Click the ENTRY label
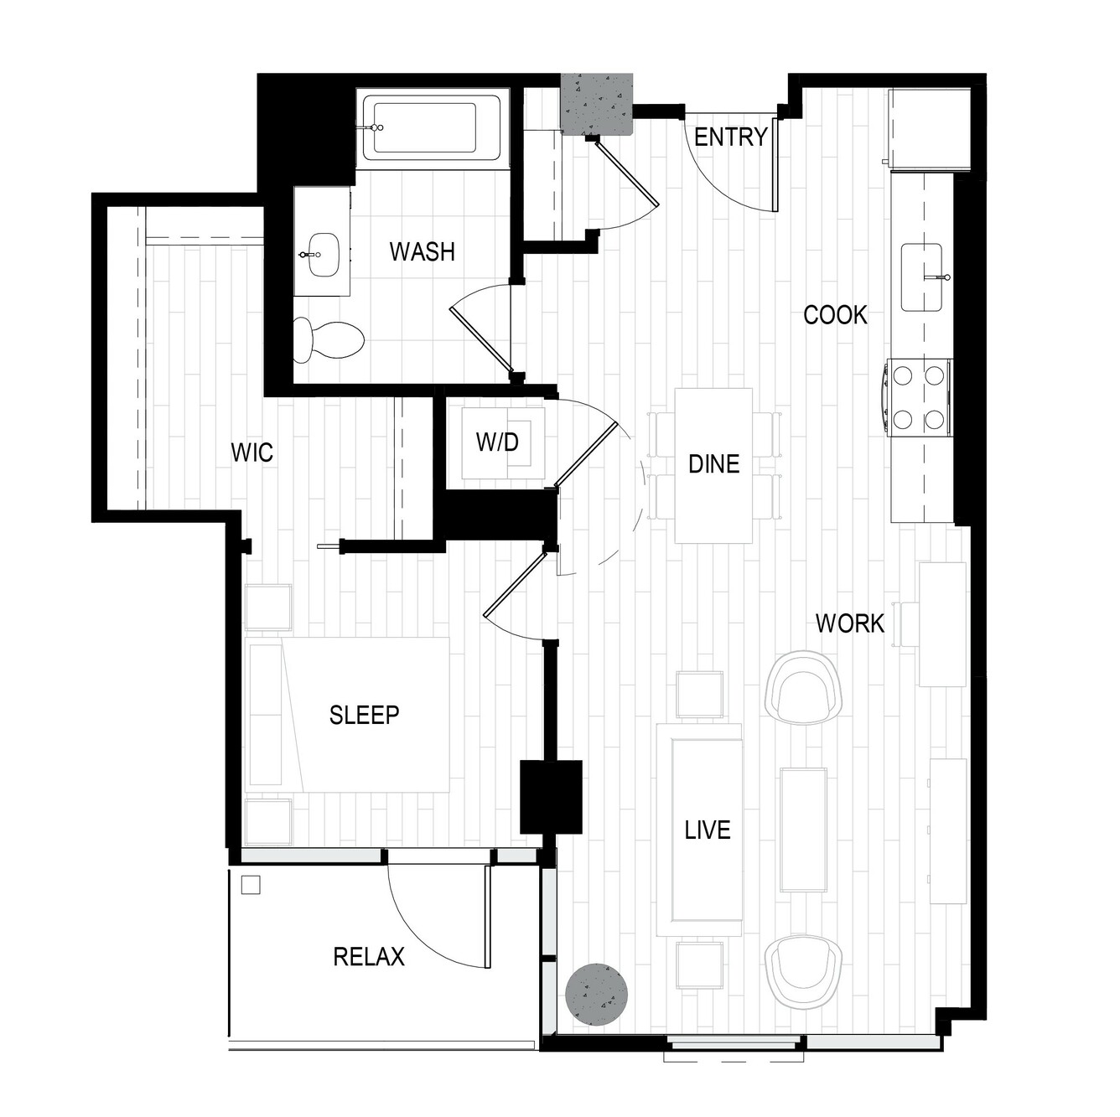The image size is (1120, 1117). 730,137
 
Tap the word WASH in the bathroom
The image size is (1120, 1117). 422,251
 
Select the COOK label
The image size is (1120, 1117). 835,315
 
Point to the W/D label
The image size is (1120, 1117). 497,442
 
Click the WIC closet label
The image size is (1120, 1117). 251,452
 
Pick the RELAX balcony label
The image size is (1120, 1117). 369,956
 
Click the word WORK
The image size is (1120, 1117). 850,623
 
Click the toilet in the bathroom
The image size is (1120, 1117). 329,339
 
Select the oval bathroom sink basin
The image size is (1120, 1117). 323,255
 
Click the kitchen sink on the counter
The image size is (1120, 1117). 922,277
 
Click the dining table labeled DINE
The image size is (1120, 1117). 713,466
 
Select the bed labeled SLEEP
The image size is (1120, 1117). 348,715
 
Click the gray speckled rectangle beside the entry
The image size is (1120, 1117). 597,105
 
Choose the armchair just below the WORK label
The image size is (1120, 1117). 804,687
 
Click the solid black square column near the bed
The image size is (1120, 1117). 551,797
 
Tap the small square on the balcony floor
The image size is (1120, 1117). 251,885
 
